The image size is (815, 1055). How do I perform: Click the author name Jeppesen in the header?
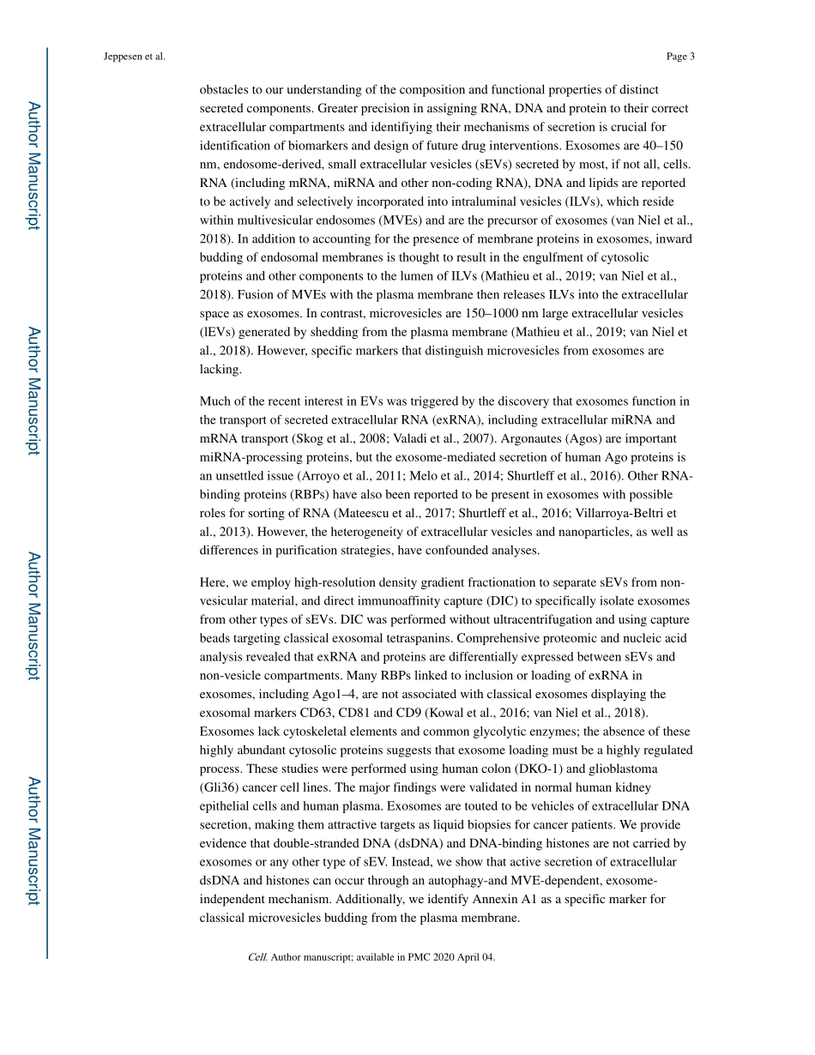(x=122, y=57)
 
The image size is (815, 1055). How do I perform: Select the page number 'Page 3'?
(x=679, y=57)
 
